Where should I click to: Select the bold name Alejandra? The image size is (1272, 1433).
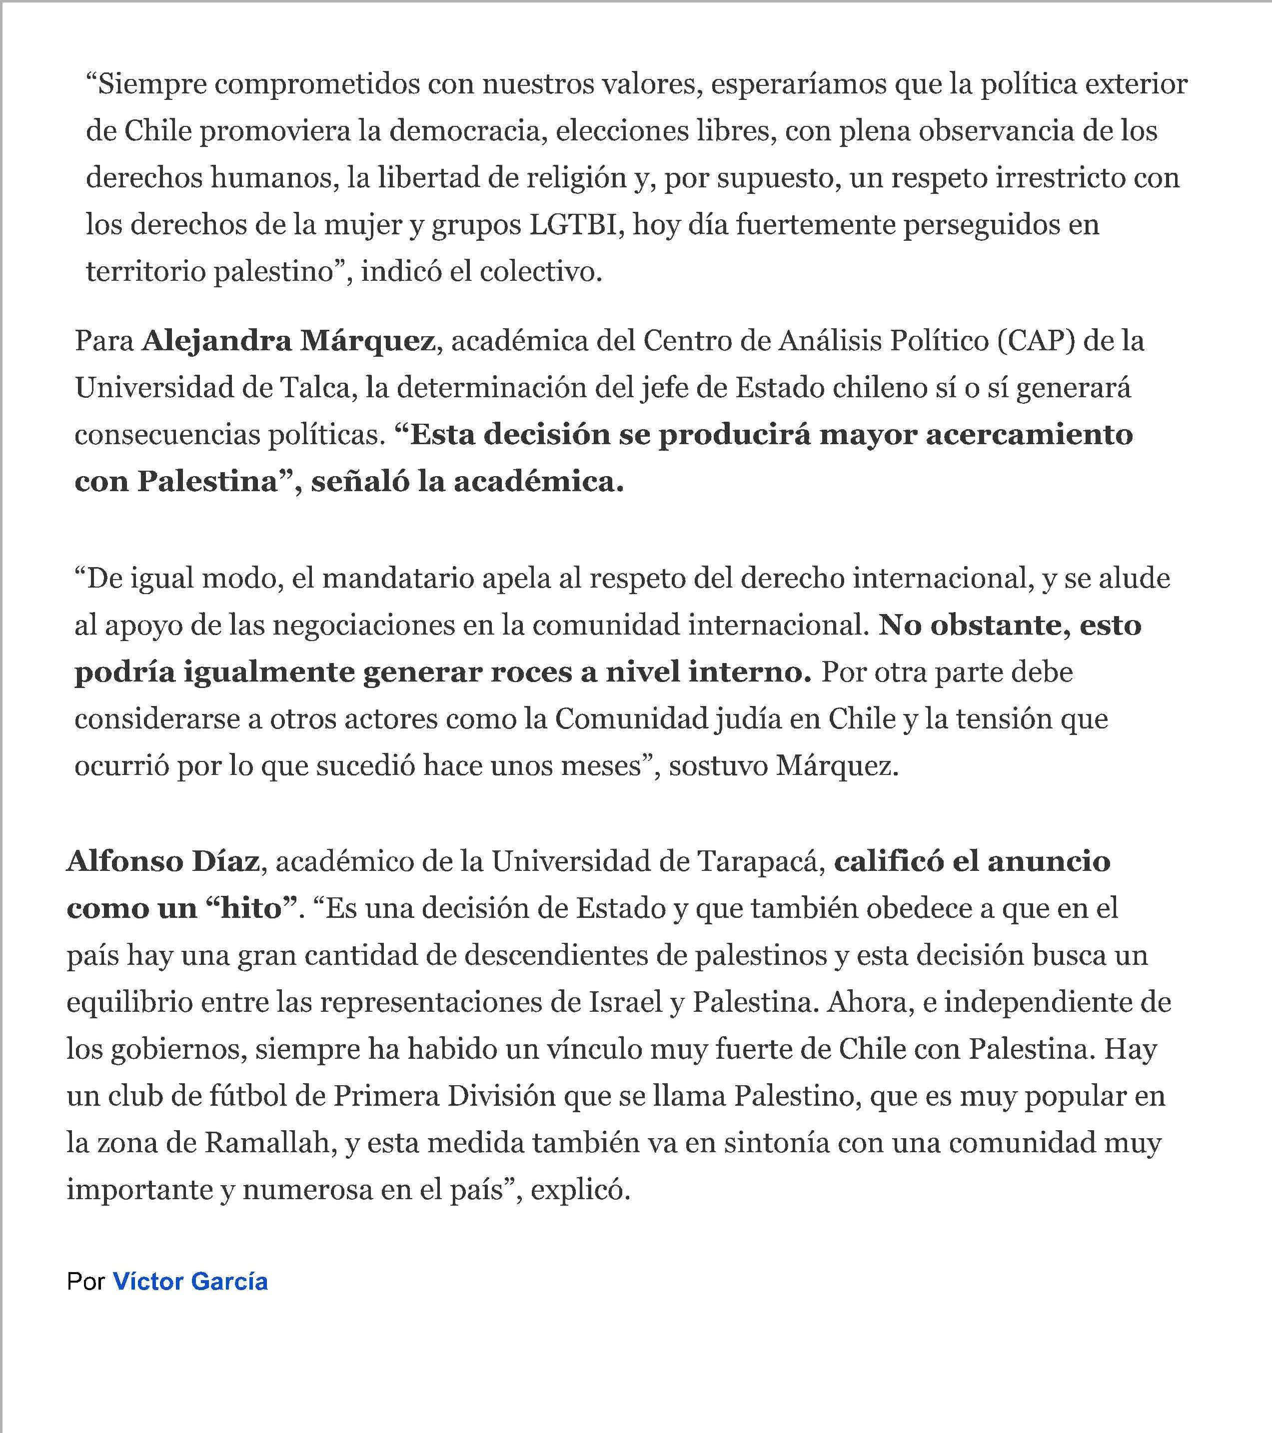(x=217, y=341)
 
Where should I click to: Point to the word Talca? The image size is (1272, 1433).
(x=318, y=388)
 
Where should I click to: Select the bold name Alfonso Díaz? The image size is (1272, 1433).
(x=162, y=861)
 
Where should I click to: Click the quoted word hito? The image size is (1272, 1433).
(x=250, y=908)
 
